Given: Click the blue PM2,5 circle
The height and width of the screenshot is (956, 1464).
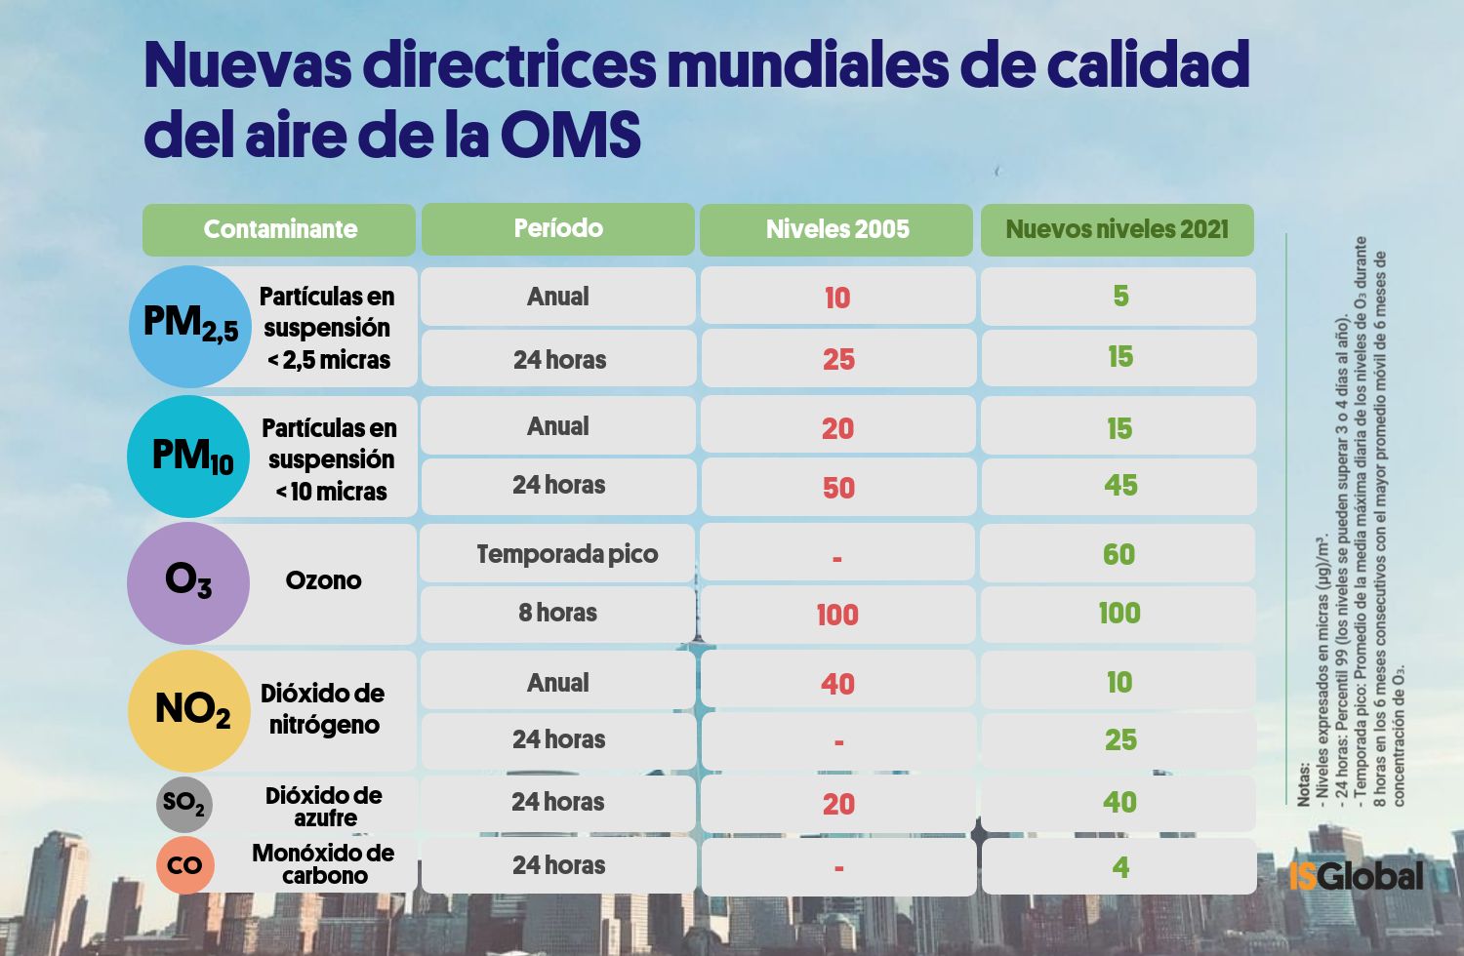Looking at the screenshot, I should pos(190,326).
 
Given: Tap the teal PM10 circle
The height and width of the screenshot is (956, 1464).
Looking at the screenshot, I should pos(188,457).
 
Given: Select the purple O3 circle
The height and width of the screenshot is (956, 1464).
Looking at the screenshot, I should pos(188,582).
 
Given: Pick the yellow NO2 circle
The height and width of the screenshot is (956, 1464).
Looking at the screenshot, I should pos(189,711).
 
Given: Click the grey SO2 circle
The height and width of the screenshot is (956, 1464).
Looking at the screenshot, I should pos(184,804).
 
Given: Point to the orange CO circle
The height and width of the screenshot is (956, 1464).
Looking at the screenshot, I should pos(184,865).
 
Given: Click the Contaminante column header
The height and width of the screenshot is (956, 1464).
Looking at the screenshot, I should pos(279,229).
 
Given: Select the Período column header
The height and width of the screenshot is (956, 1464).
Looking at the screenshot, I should pos(558,229).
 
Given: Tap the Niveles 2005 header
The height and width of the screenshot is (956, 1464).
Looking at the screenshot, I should pos(837,229).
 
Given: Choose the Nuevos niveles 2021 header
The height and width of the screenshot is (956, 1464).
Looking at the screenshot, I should pos(1118,229).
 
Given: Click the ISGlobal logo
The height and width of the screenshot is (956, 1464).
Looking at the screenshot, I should pos(1356,875).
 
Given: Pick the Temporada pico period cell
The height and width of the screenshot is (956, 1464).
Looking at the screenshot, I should pos(567,554).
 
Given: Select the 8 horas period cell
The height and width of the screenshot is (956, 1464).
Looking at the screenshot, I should pos(558,613).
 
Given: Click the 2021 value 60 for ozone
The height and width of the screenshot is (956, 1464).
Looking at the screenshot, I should pos(1119,554).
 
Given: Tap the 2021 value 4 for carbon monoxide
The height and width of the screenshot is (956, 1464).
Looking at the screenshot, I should pos(1120,866).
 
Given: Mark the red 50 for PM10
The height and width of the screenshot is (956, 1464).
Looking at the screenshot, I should pos(838,488).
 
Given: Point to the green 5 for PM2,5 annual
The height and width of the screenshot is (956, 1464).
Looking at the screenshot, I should pos(1120,296).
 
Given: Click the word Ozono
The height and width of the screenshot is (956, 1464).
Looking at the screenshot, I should pos(323,580).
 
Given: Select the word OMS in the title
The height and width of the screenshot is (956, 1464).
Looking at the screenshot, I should pos(571,135).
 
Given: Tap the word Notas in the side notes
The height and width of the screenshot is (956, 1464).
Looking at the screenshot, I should pos(1305,784).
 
